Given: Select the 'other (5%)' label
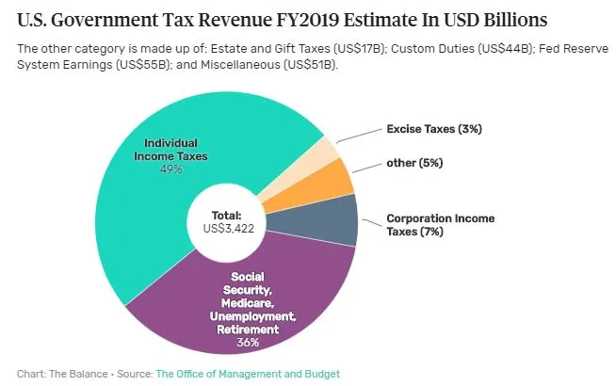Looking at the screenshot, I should (x=414, y=162).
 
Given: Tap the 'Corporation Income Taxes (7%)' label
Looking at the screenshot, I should (x=439, y=224).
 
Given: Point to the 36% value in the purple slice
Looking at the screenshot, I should (x=251, y=343).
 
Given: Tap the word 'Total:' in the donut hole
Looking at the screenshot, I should (x=227, y=215).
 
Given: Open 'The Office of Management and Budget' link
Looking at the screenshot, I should (x=248, y=374).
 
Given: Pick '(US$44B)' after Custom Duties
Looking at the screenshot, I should (x=481, y=49).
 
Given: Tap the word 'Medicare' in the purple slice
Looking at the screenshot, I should (x=250, y=303).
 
